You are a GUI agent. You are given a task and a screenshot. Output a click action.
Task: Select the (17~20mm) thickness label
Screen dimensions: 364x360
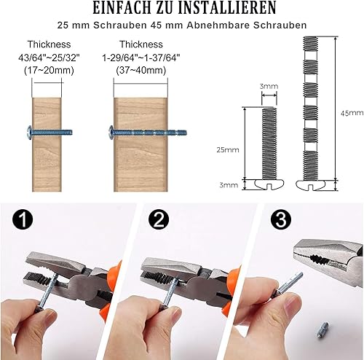click(49, 71)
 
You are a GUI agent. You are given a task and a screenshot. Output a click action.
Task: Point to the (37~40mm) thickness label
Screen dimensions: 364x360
click(141, 71)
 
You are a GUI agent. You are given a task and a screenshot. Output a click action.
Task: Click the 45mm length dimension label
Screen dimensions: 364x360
click(352, 113)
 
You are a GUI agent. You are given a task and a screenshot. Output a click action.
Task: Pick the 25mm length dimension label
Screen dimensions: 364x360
click(228, 150)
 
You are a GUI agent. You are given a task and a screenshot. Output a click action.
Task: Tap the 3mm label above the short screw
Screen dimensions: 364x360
click(269, 86)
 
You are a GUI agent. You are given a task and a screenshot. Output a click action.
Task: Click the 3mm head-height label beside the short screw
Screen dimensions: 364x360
click(229, 185)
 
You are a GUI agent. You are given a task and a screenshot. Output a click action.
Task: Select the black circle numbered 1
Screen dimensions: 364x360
click(23, 219)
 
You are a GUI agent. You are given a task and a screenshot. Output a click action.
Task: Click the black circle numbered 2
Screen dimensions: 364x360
click(159, 219)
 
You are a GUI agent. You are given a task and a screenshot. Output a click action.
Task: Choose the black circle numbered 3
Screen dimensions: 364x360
click(281, 219)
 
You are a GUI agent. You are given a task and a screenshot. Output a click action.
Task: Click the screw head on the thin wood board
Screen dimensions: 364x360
click(29, 133)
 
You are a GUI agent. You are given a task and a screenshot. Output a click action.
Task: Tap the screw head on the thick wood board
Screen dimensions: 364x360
click(111, 133)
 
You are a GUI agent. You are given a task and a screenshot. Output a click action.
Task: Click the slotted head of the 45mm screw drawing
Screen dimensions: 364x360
click(310, 184)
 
